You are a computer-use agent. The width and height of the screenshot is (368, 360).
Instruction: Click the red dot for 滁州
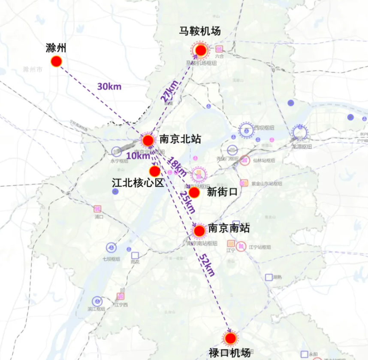click(x=56, y=61)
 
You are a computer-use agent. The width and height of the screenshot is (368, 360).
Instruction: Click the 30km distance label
click(x=109, y=86)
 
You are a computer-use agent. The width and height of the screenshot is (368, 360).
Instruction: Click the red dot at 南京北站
click(x=148, y=140)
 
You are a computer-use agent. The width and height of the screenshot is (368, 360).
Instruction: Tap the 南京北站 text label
click(x=180, y=139)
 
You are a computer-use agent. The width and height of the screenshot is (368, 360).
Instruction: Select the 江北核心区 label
click(x=138, y=183)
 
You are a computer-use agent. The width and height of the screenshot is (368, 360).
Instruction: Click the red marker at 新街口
click(x=194, y=193)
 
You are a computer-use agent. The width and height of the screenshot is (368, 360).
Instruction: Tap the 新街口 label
click(x=222, y=192)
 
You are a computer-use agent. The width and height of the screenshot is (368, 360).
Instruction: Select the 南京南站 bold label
click(x=229, y=228)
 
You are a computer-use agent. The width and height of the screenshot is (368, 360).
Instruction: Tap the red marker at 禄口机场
click(x=230, y=338)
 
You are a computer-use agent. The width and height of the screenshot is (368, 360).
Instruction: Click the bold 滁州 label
click(x=56, y=48)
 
